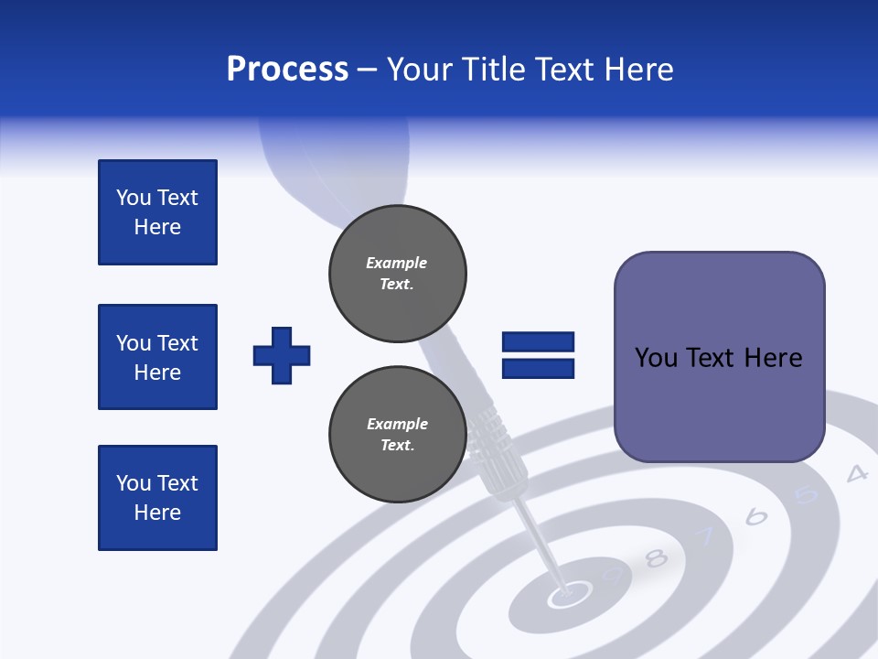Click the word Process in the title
287,70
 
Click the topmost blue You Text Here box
157,212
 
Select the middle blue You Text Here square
157,357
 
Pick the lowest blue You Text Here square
157,498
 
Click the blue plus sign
282,355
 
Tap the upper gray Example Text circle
398,274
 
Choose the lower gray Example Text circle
398,435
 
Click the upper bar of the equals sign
538,342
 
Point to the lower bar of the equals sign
538,369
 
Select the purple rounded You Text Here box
719,357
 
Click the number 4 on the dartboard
856,474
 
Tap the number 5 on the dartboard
806,495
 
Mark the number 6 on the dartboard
756,517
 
